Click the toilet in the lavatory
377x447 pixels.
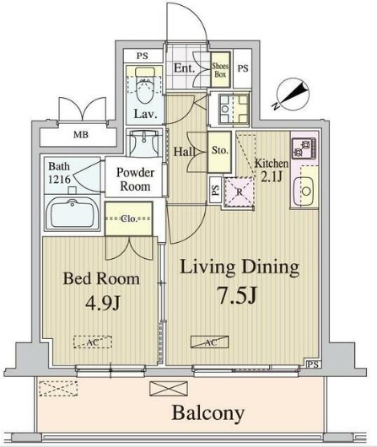[145, 84]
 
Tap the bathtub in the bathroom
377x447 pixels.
[73, 213]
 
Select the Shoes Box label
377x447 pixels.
[220, 70]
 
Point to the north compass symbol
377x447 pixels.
[290, 95]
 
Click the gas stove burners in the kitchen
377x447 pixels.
[304, 148]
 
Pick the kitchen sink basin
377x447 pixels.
[306, 191]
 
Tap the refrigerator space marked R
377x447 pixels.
[240, 191]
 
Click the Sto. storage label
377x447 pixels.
[219, 150]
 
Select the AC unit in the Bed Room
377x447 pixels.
[93, 342]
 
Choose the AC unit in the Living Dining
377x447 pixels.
[210, 342]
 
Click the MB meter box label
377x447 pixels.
[81, 134]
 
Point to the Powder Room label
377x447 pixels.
[135, 180]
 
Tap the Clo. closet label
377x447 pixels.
[129, 218]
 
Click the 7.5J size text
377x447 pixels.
[238, 295]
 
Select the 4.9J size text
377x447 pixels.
[103, 304]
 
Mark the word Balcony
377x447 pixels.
[207, 413]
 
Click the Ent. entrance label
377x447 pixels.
[184, 67]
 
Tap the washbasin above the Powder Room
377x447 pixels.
[144, 143]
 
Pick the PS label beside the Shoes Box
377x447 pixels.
[243, 68]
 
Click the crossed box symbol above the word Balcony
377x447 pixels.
[169, 389]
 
